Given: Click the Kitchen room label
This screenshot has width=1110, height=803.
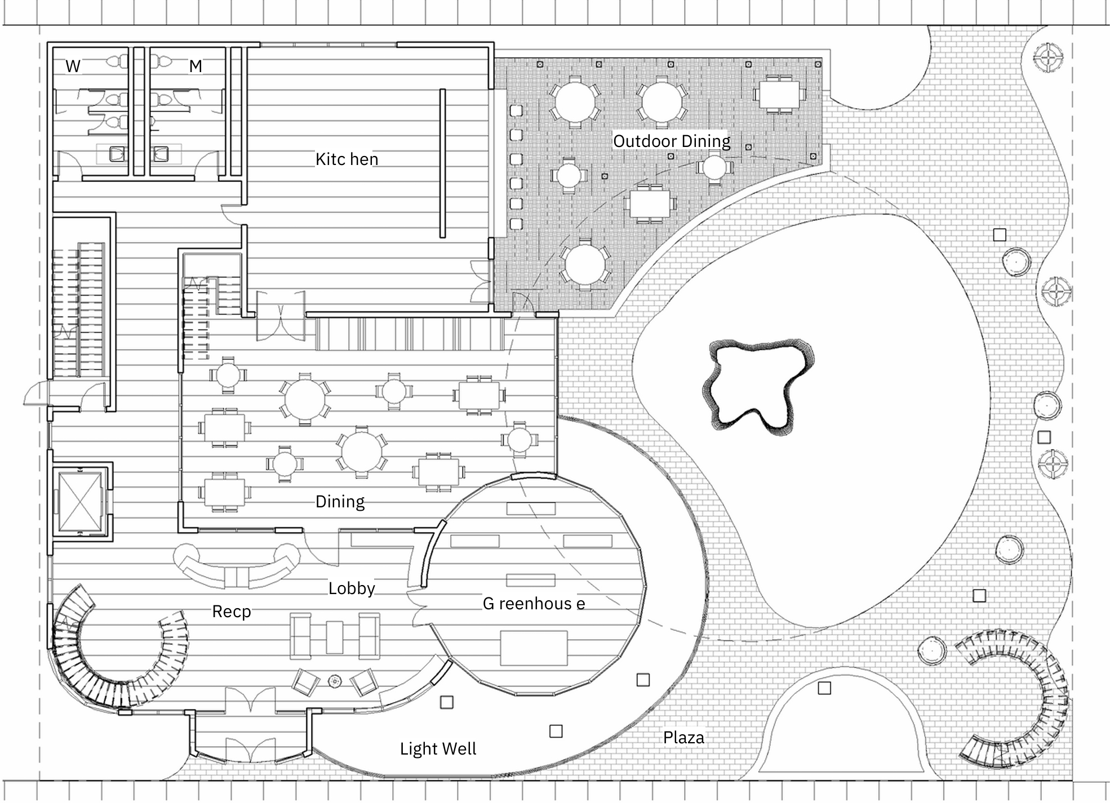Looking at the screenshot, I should click(347, 159).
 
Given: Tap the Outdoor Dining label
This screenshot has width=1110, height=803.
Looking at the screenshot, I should click(672, 141).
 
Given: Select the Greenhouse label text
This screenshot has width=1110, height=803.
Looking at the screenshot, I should click(534, 604).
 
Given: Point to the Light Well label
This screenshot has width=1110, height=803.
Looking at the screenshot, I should click(438, 749).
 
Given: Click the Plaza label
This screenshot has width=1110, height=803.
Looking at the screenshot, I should click(683, 738).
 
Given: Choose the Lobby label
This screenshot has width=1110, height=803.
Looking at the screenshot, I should click(352, 588).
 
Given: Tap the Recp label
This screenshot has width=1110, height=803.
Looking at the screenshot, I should click(231, 612).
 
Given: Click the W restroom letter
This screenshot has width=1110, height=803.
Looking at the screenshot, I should click(73, 66).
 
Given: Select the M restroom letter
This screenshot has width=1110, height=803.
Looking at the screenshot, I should click(196, 66).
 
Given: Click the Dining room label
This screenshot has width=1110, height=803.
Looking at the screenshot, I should click(340, 502).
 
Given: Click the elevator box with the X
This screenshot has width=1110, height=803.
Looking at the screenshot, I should click(81, 502).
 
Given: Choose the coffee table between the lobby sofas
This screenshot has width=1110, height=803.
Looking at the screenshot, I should click(334, 637).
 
